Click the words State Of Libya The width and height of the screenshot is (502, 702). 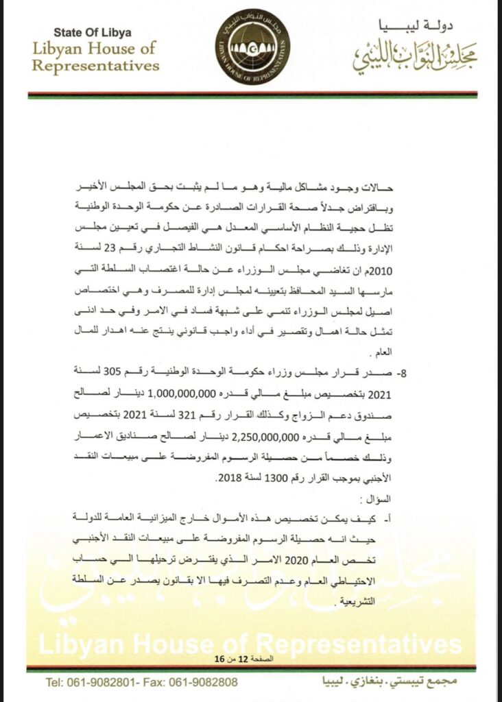pyautogui.click(x=93, y=32)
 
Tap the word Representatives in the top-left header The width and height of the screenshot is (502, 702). pyautogui.click(x=96, y=66)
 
